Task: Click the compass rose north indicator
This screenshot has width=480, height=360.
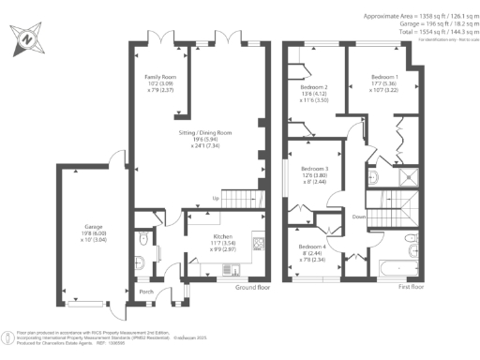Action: (x=25, y=39)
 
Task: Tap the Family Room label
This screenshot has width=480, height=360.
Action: (x=159, y=77)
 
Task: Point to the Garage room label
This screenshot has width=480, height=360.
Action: (x=94, y=227)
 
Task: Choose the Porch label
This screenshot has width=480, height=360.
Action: (x=146, y=292)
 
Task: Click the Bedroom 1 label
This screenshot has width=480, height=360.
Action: (x=384, y=76)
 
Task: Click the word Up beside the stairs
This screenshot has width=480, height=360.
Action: (x=217, y=200)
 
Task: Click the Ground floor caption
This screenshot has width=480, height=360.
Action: (x=251, y=287)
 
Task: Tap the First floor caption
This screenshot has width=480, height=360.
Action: (x=410, y=287)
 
